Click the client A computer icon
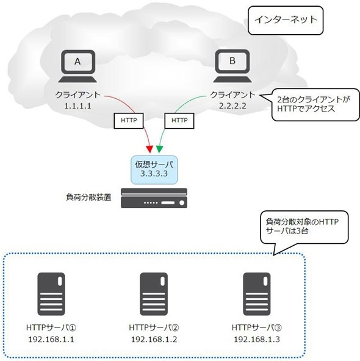[x=77, y=66]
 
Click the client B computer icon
[x=232, y=66]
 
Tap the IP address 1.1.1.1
[x=77, y=106]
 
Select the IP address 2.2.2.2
[x=232, y=106]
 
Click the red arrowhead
[x=149, y=149]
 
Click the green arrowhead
[x=159, y=149]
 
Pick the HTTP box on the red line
[x=129, y=121]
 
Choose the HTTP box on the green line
[x=179, y=121]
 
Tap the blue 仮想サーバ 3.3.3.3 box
[x=154, y=170]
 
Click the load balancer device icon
[x=154, y=198]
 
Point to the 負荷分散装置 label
[x=88, y=198]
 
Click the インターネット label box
[x=286, y=21]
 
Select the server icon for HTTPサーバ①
[x=51, y=294]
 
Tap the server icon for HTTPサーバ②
[x=154, y=294]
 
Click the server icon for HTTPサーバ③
[x=257, y=294]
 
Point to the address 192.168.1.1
[x=51, y=340]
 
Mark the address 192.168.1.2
[x=154, y=340]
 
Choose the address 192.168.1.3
[x=257, y=340]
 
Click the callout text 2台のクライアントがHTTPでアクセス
[x=314, y=104]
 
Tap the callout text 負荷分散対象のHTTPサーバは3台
[x=302, y=226]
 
